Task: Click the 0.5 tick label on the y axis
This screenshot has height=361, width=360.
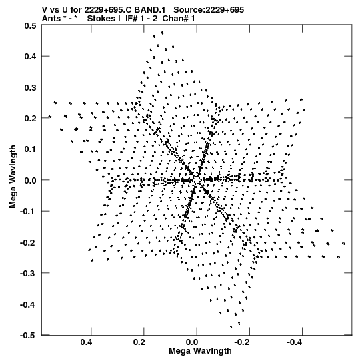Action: (x=31, y=25)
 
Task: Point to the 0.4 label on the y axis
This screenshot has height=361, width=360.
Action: (x=31, y=57)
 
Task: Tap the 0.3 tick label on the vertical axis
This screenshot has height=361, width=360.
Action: (x=31, y=87)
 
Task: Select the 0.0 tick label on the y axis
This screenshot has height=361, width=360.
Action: (x=31, y=180)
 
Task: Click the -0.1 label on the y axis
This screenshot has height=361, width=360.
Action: (x=28, y=212)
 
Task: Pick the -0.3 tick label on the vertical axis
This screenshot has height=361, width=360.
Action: (x=28, y=274)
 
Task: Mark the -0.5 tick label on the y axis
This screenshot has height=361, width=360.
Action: (x=28, y=335)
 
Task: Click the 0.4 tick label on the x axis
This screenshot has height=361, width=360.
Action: (x=86, y=342)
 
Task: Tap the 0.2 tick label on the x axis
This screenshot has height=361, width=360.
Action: (x=139, y=342)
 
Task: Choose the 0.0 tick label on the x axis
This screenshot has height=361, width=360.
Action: (x=192, y=342)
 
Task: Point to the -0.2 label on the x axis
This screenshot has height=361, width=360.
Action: (x=243, y=342)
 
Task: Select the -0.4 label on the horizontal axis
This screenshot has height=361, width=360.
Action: (x=295, y=342)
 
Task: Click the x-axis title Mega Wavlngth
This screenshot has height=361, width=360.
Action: (x=200, y=351)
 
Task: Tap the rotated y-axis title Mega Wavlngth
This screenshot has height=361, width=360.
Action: (x=13, y=177)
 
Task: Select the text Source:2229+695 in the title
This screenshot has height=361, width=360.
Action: (x=209, y=10)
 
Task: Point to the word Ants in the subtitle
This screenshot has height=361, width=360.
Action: (x=51, y=19)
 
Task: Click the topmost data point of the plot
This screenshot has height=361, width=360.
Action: (x=163, y=33)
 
